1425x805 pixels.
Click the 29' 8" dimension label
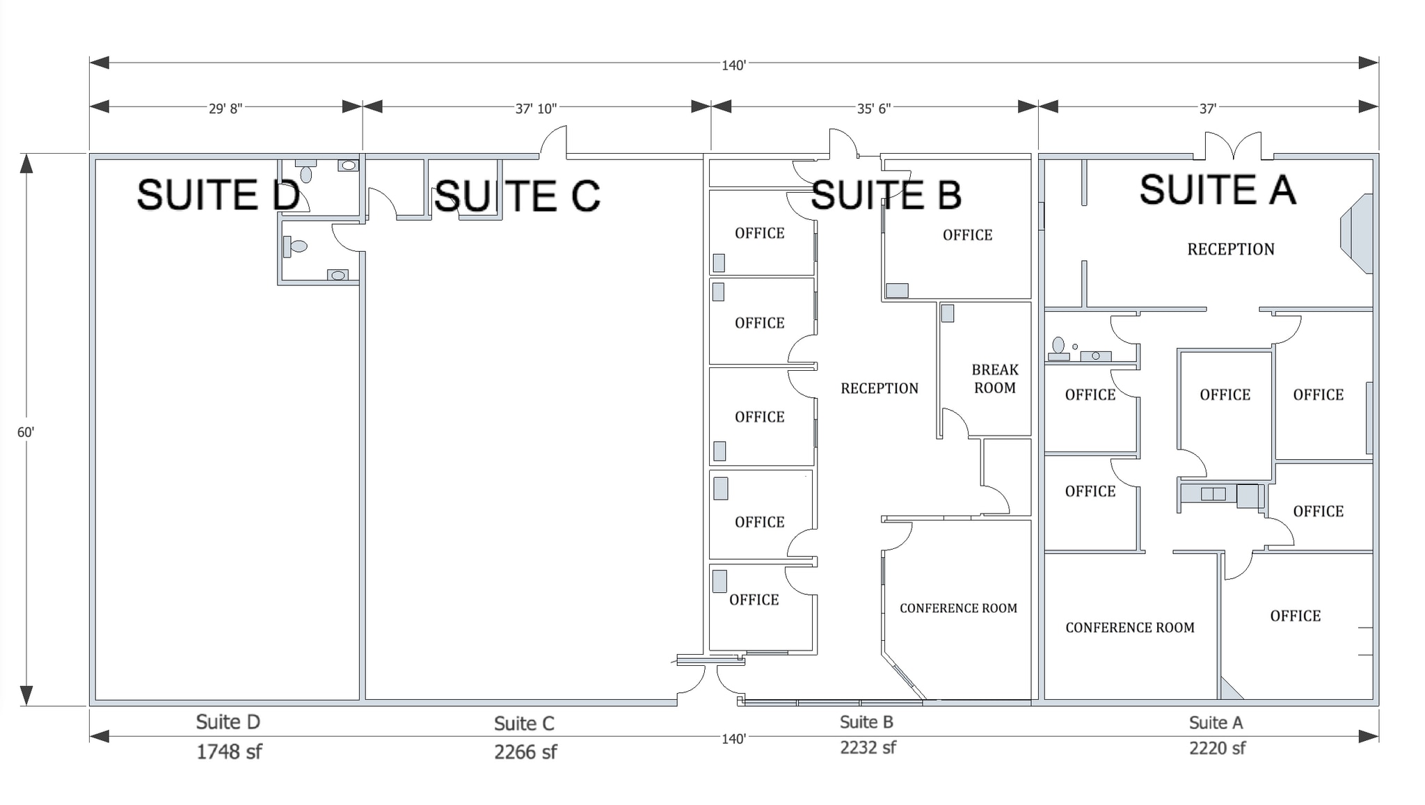[x=225, y=109]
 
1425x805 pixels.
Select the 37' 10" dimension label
[x=536, y=109]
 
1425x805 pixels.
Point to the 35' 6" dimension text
[x=874, y=109]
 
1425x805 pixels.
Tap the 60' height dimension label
[x=26, y=432]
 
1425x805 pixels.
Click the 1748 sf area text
[x=229, y=751]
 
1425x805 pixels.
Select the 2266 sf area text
[x=525, y=752]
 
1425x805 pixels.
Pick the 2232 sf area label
[x=868, y=747]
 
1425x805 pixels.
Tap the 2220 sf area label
[x=1217, y=748]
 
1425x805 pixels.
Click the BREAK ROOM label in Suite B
[x=994, y=378]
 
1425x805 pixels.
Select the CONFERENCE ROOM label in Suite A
[x=1129, y=628]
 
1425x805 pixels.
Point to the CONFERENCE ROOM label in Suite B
[x=958, y=608]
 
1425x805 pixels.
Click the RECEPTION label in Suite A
[x=1230, y=249]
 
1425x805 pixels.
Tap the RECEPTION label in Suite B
[x=879, y=388]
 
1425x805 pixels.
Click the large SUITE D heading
[x=218, y=195]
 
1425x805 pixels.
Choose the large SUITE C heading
[x=516, y=196]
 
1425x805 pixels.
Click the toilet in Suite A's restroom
[x=1058, y=345]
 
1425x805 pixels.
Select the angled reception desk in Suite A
[x=1357, y=234]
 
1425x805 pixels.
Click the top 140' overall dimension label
[x=733, y=65]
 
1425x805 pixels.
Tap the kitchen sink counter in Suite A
[x=1213, y=494]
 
